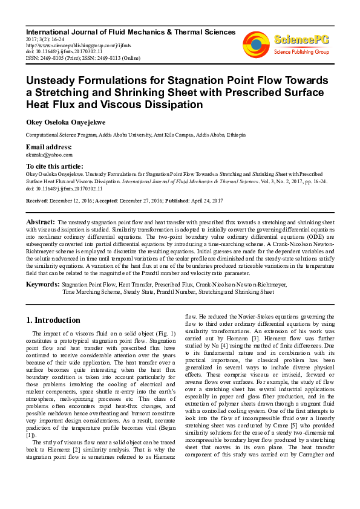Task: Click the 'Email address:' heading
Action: pyautogui.click(x=48, y=148)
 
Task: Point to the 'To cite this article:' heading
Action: pyautogui.click(x=55, y=166)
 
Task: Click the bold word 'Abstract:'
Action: pyautogui.click(x=41, y=222)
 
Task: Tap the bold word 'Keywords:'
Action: pyautogui.click(x=42, y=284)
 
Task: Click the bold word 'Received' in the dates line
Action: pyautogui.click(x=37, y=200)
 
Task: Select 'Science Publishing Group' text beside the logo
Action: pyautogui.click(x=301, y=53)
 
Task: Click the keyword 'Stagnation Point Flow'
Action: pyautogui.click(x=89, y=284)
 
